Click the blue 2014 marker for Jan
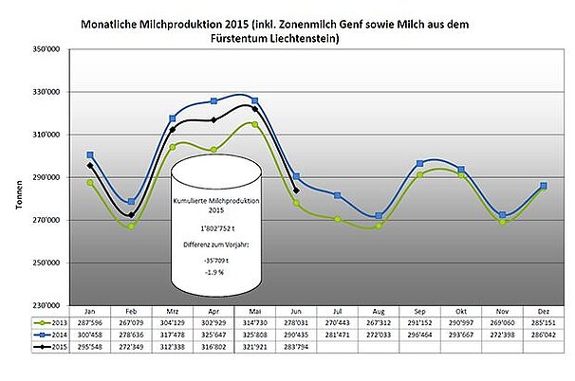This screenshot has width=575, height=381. (x=90, y=154)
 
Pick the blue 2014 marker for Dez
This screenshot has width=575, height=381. (x=544, y=186)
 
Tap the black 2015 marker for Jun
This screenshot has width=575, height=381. (x=297, y=190)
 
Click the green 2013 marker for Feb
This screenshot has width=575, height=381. (x=131, y=227)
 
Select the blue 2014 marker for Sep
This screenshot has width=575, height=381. (x=420, y=164)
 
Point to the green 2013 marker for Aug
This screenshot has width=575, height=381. (x=379, y=226)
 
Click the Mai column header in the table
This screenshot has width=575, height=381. (x=254, y=311)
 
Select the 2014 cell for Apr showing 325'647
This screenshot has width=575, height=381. (x=213, y=336)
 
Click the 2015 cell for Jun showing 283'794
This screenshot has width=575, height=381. (x=296, y=348)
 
